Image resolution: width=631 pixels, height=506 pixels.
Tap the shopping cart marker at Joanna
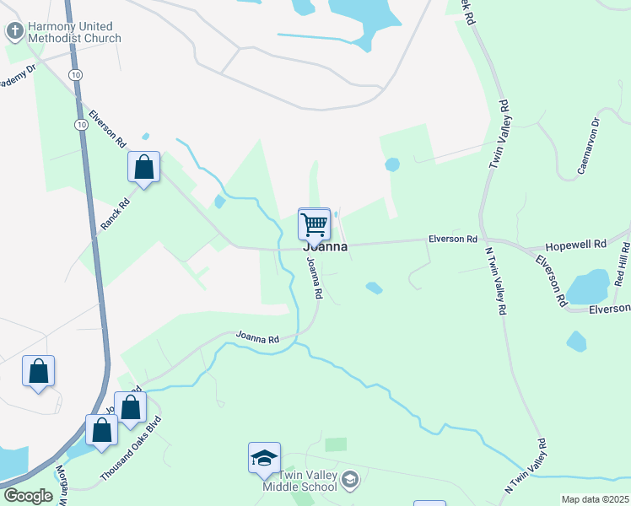[314, 224]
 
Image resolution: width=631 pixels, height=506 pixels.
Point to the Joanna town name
[326, 246]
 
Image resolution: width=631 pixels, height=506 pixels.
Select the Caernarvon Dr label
[589, 146]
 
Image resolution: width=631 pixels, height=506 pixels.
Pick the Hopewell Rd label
[576, 244]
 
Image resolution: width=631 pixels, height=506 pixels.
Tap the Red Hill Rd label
[622, 266]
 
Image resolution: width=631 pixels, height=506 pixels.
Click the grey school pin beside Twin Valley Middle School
[351, 480]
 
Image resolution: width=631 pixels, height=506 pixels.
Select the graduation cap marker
[264, 459]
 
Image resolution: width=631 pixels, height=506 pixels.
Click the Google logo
[28, 496]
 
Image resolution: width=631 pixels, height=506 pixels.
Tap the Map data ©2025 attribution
[595, 499]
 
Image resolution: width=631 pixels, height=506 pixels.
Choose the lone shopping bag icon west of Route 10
[39, 370]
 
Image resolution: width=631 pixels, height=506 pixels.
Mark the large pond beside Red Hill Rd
[587, 288]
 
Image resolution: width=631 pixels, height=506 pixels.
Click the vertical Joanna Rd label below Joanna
[315, 280]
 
